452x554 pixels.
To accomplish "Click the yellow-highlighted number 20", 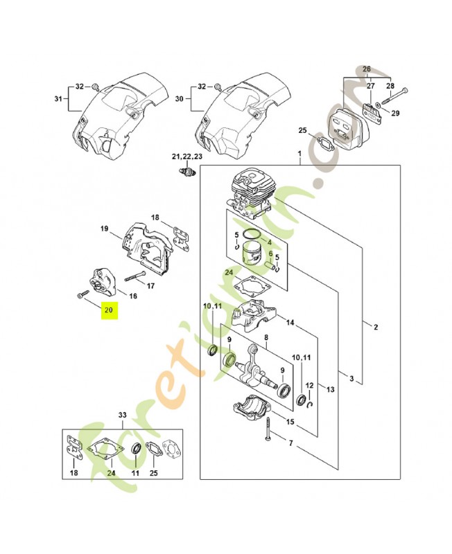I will pyautogui.click(x=109, y=310).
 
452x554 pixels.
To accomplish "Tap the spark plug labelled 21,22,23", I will pyautogui.click(x=185, y=170).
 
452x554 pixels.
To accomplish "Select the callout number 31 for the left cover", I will pyautogui.click(x=58, y=99).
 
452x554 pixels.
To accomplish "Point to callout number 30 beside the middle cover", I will pyautogui.click(x=180, y=99).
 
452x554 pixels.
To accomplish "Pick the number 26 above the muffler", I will pyautogui.click(x=366, y=69).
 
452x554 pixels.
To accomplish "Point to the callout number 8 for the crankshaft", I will pyautogui.click(x=266, y=338).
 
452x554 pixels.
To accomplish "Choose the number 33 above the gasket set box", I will pyautogui.click(x=122, y=415).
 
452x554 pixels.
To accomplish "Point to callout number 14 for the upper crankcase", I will pyautogui.click(x=290, y=323).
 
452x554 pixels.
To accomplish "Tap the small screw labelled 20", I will pyautogui.click(x=81, y=295).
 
